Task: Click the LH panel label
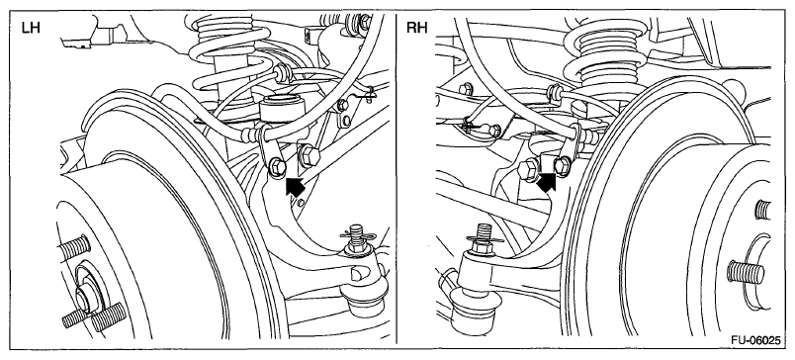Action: [31, 28]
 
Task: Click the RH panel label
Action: [416, 28]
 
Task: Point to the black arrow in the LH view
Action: [295, 186]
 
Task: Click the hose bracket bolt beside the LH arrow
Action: [277, 167]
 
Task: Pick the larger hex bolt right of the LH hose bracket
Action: [309, 155]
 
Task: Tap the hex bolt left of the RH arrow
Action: [528, 169]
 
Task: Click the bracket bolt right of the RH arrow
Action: [562, 165]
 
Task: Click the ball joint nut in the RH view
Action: [481, 246]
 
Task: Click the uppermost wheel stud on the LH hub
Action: [74, 246]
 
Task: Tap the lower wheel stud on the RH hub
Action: [746, 272]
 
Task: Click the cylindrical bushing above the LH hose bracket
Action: [282, 111]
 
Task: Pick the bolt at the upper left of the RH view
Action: [466, 89]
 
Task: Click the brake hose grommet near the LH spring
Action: [280, 73]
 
